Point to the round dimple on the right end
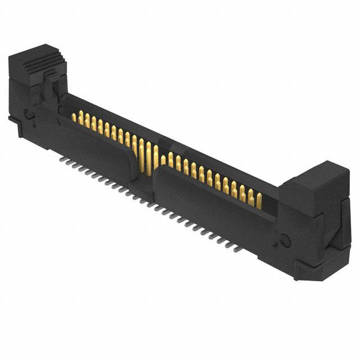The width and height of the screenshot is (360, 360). pyautogui.click(x=285, y=241)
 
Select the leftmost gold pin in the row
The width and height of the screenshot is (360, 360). pyautogui.click(x=74, y=116)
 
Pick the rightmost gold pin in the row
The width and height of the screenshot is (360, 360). pyautogui.click(x=259, y=200)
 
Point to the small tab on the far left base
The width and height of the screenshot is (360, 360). pyautogui.click(x=12, y=119)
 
